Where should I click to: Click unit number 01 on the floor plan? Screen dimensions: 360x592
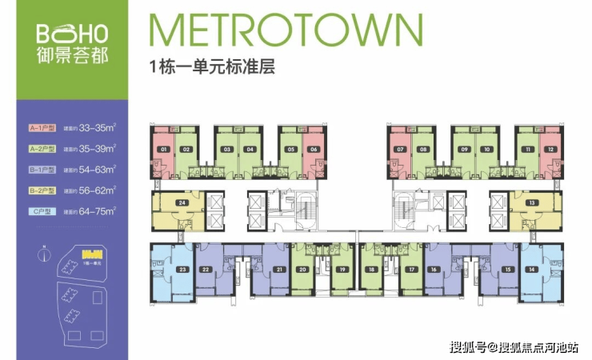[x=164, y=150]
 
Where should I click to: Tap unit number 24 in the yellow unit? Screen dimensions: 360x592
[x=183, y=203]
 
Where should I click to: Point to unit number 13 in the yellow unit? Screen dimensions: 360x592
[x=531, y=203]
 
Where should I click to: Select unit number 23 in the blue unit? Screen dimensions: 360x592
[x=183, y=270]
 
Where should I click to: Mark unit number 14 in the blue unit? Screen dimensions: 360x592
[x=531, y=270]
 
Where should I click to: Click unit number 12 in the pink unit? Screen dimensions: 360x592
[x=550, y=150]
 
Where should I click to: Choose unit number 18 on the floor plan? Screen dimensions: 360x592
[x=371, y=270]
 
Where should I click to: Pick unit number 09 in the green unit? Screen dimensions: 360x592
[x=464, y=150]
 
